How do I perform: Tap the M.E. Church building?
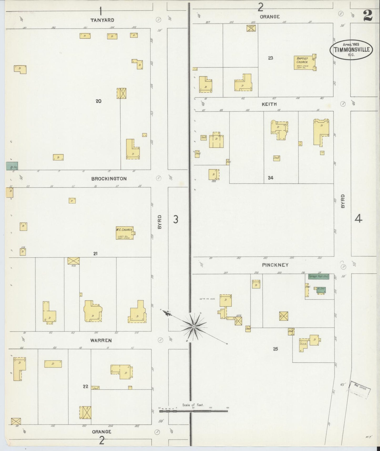[x=124, y=233]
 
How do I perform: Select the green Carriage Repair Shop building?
[x=318, y=276]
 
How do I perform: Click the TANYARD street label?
[x=102, y=20]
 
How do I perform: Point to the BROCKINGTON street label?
[x=109, y=179]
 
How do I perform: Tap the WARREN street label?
[x=101, y=340]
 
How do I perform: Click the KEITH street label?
[x=269, y=104]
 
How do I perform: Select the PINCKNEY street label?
[x=275, y=265]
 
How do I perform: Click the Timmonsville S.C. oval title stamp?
[x=351, y=49]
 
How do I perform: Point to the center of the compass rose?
[x=194, y=327]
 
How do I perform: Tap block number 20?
[x=98, y=101]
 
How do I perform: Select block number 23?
[x=271, y=58]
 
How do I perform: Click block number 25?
[x=275, y=349]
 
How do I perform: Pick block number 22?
[x=85, y=386]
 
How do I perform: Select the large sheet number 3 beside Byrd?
[x=176, y=219]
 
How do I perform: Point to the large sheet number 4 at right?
[x=358, y=218]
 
